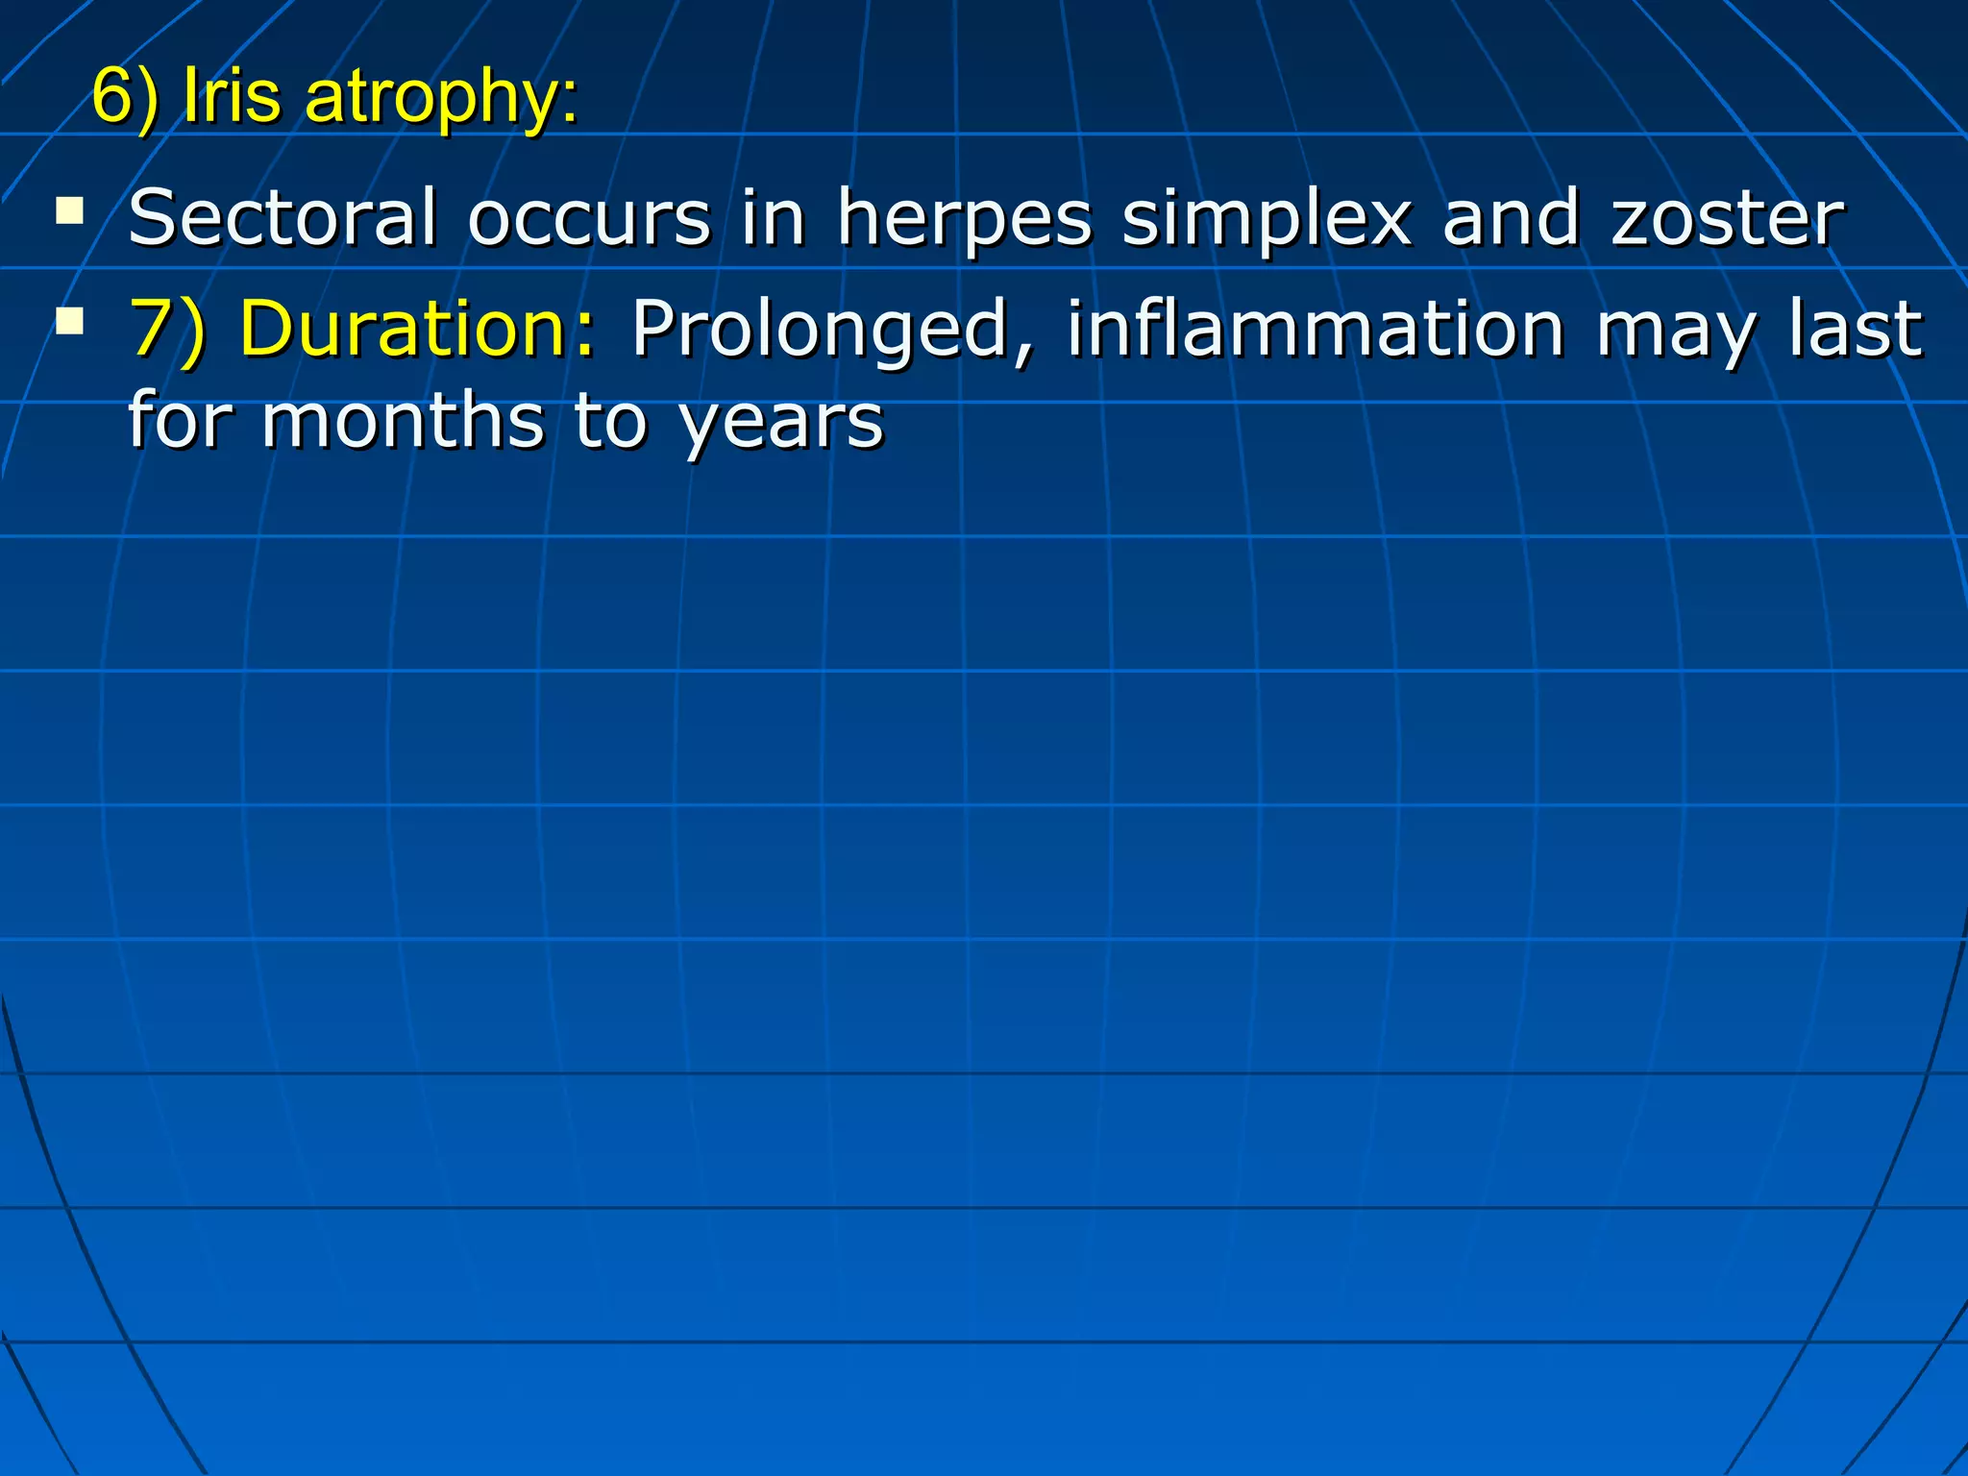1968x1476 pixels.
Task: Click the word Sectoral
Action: pos(283,218)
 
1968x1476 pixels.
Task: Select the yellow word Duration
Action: pos(418,329)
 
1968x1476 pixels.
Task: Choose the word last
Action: pos(1856,329)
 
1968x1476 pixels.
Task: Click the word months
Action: pos(403,421)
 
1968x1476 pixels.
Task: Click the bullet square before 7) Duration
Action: pos(69,319)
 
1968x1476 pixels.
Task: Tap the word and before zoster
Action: pos(1511,218)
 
